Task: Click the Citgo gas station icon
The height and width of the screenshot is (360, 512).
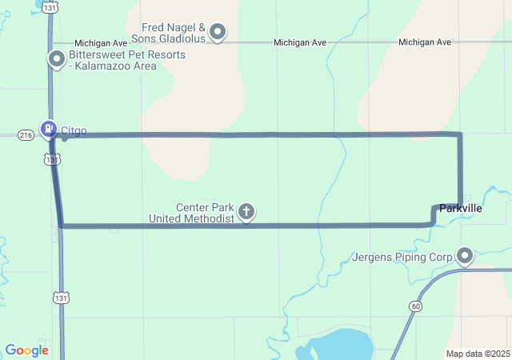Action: click(48, 128)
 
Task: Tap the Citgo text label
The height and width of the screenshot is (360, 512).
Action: click(74, 131)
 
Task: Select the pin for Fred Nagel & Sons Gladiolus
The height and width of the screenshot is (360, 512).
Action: click(218, 33)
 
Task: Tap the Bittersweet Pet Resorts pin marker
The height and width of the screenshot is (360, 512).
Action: click(57, 58)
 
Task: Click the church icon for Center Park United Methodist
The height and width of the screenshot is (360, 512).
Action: click(247, 212)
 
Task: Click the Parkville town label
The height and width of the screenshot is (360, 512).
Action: click(461, 208)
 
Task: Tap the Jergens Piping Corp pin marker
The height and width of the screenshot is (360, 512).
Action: click(465, 256)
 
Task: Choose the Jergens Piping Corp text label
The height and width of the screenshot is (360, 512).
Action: click(402, 258)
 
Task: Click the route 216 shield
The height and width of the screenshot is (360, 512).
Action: click(26, 136)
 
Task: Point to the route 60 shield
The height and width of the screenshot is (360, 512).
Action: click(414, 306)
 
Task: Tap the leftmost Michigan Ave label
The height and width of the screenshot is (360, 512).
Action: click(102, 42)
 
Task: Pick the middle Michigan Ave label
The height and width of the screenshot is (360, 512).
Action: click(301, 42)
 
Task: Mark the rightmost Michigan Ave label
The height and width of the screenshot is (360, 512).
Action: click(424, 42)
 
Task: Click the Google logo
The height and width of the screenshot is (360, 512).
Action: click(26, 350)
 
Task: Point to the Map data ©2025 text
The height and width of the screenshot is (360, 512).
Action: click(477, 354)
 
